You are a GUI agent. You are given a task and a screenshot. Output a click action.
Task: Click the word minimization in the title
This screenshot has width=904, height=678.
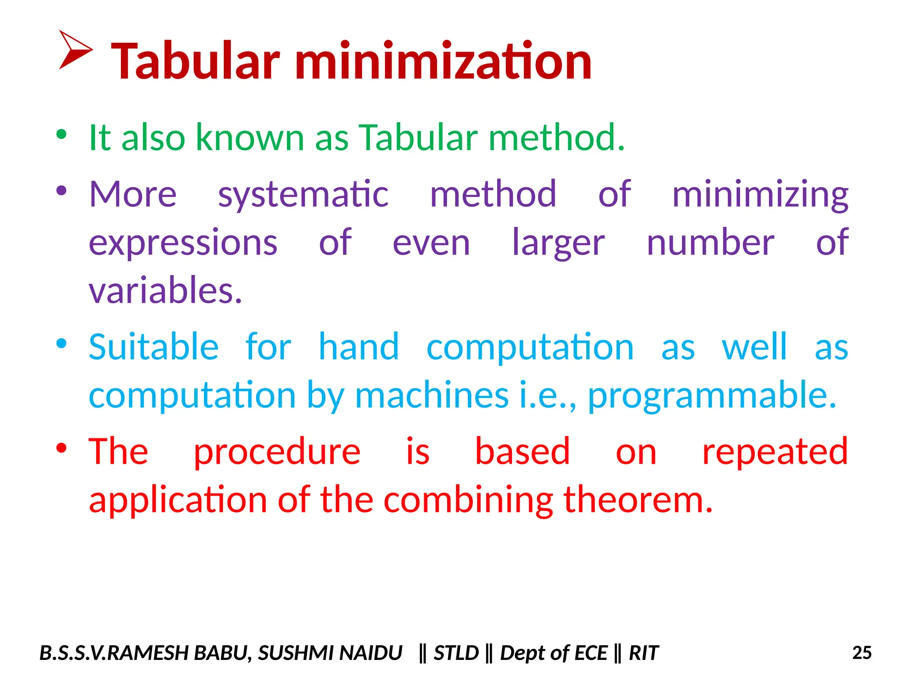click(443, 61)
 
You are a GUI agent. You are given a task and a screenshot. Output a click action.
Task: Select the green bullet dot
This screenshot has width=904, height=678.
click(61, 134)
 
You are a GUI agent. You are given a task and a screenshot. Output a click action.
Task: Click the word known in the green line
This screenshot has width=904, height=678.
click(250, 138)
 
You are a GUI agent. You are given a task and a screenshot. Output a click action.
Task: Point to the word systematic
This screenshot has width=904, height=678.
click(303, 195)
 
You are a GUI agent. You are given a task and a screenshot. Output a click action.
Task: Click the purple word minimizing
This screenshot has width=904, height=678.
click(760, 195)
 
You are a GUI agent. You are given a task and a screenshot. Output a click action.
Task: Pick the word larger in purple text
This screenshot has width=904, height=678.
click(558, 243)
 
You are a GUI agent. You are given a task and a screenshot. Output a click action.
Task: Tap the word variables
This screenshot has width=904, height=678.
click(166, 291)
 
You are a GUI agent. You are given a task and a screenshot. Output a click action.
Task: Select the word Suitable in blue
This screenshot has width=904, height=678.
click(154, 347)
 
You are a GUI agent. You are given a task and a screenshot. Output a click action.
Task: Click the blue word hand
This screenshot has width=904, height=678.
click(358, 347)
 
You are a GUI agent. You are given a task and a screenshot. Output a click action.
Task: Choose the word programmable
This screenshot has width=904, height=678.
click(712, 395)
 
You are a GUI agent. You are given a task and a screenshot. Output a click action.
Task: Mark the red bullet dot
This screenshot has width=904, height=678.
click(61, 448)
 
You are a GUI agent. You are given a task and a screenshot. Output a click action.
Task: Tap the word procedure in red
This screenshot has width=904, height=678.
click(277, 452)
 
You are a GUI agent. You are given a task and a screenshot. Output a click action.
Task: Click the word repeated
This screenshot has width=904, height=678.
click(775, 452)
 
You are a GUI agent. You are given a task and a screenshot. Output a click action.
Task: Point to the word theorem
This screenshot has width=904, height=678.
click(638, 500)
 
